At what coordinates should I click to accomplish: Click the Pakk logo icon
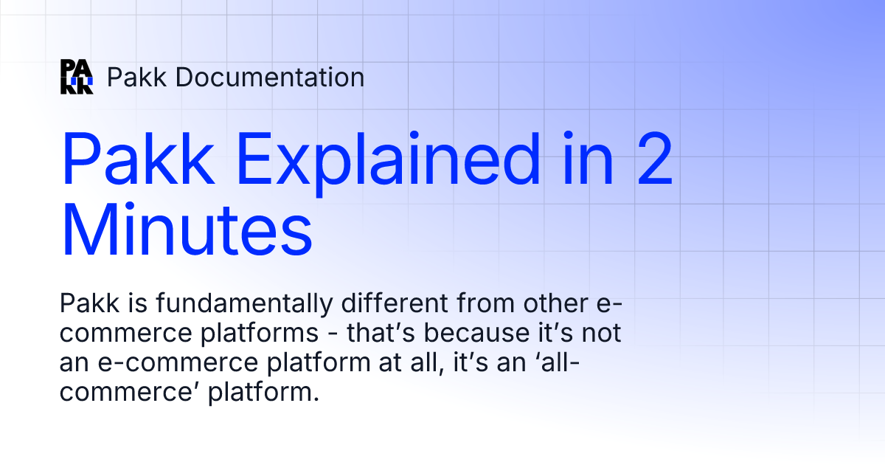point(77,77)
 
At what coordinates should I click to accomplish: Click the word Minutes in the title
point(187,227)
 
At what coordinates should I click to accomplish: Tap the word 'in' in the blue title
point(578,160)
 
